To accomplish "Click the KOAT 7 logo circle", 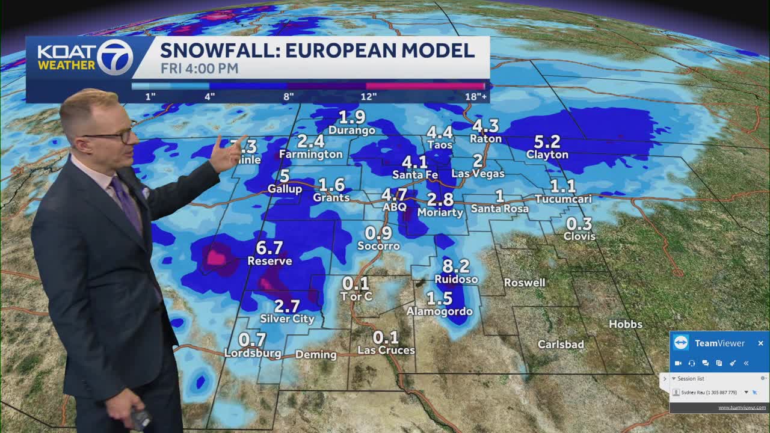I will [x=114, y=57].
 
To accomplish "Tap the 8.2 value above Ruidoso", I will [x=455, y=265].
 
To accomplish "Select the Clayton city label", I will [x=547, y=155].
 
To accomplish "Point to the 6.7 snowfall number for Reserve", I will [x=269, y=247].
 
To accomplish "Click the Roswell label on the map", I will [x=525, y=283].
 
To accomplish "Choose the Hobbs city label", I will [x=626, y=324].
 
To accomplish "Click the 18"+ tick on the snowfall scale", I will [x=475, y=96].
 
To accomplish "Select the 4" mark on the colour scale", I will [x=209, y=96].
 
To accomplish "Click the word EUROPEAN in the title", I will [x=340, y=50].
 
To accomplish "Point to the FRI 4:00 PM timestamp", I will [x=199, y=69].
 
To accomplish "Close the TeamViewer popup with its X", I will [x=760, y=343].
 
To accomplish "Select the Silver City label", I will [x=287, y=319].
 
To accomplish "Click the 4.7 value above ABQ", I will [x=394, y=195].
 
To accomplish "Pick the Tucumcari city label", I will [x=563, y=199].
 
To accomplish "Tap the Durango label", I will [x=352, y=130].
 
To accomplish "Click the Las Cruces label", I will [x=386, y=350].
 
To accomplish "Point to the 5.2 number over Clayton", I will [x=547, y=141].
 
